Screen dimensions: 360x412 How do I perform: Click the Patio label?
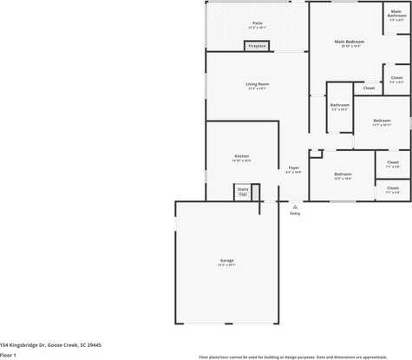[258, 23]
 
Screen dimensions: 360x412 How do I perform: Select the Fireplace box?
[257, 46]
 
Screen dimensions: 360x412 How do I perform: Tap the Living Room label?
[257, 83]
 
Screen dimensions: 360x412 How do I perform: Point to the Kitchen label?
[241, 156]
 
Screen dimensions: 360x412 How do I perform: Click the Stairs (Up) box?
[242, 192]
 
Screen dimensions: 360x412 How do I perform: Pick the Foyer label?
[294, 167]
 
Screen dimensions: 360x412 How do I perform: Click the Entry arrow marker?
[295, 206]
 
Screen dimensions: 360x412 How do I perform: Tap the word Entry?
[295, 213]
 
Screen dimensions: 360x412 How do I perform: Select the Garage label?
[226, 260]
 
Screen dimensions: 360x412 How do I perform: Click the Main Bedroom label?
[350, 41]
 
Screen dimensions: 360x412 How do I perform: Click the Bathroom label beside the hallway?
[339, 105]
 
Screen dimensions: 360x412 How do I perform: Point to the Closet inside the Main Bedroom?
[369, 88]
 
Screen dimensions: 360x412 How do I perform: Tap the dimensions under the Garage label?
[226, 265]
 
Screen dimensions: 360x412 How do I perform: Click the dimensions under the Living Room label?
[257, 88]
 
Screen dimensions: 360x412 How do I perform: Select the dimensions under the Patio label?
[258, 28]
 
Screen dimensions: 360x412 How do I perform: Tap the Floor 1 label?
[9, 355]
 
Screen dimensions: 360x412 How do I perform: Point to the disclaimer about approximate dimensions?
[292, 357]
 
